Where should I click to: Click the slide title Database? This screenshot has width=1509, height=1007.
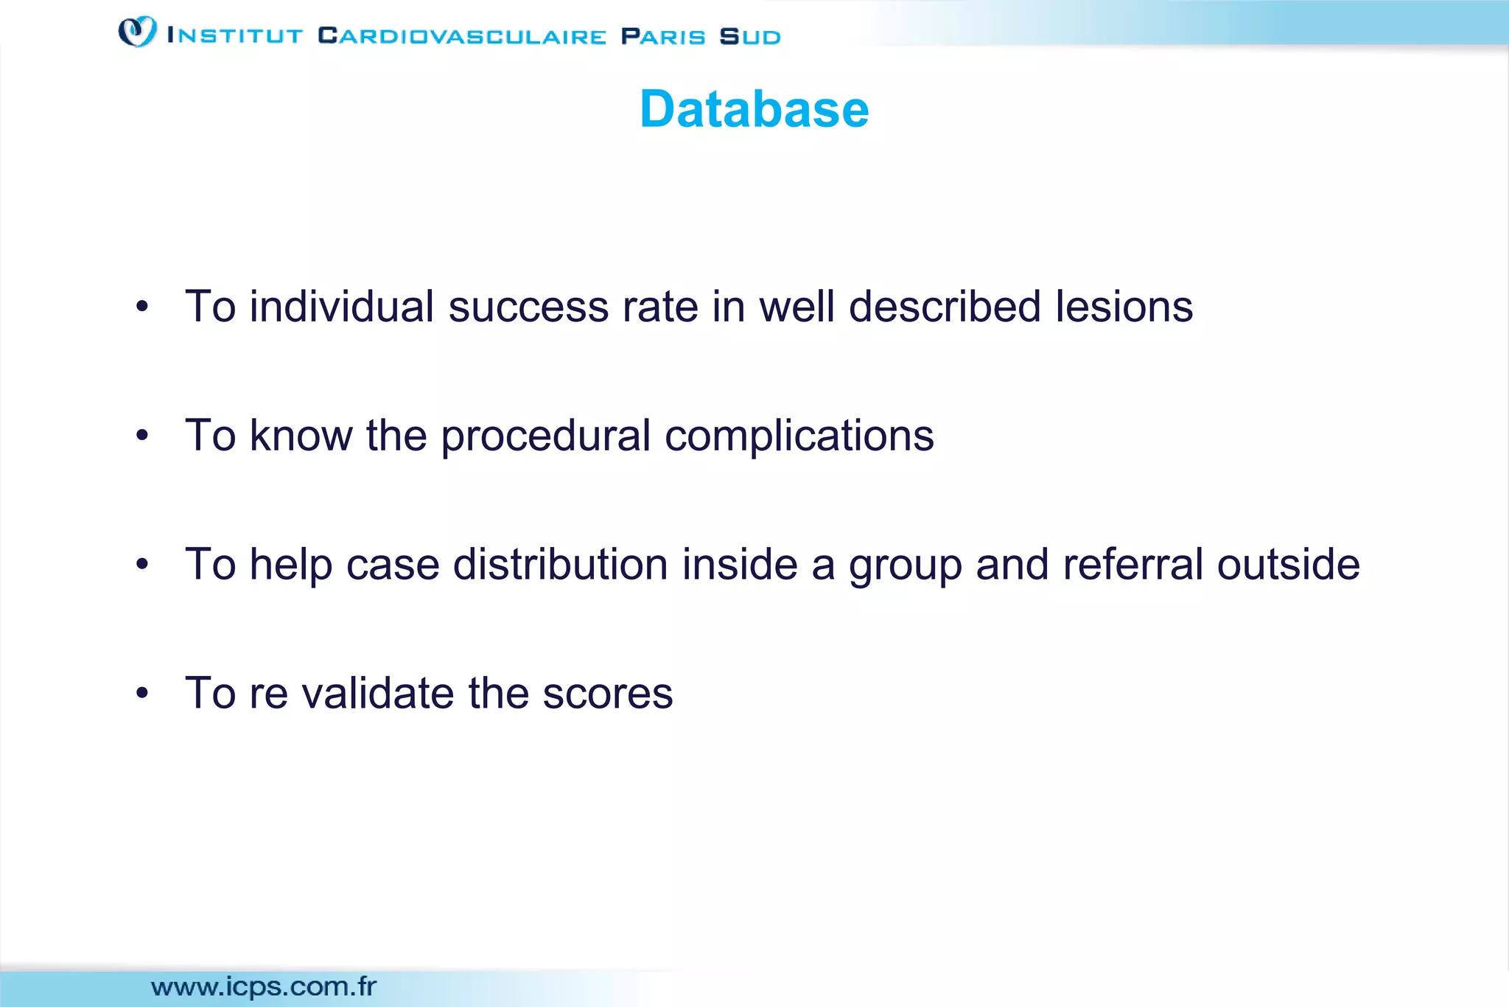754,109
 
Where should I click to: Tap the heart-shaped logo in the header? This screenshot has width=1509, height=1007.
137,32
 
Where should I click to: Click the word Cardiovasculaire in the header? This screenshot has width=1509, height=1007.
462,36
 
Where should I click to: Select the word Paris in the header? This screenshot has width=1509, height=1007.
663,36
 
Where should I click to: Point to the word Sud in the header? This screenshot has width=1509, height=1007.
750,36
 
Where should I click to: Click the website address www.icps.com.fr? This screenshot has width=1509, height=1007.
264,986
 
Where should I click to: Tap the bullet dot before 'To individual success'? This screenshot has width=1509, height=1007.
142,307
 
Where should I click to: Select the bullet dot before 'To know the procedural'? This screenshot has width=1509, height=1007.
142,436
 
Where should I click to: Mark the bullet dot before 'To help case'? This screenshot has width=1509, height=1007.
142,565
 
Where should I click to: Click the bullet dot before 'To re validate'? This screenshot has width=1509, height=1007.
142,694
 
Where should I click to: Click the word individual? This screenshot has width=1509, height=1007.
342,307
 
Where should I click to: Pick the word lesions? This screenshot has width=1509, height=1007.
1124,307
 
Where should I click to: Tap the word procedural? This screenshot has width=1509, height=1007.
545,436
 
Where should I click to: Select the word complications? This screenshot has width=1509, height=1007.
799,436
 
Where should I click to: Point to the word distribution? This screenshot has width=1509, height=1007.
561,565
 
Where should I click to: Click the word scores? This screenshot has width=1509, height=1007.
608,694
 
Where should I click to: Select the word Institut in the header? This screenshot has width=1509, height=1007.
235,36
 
